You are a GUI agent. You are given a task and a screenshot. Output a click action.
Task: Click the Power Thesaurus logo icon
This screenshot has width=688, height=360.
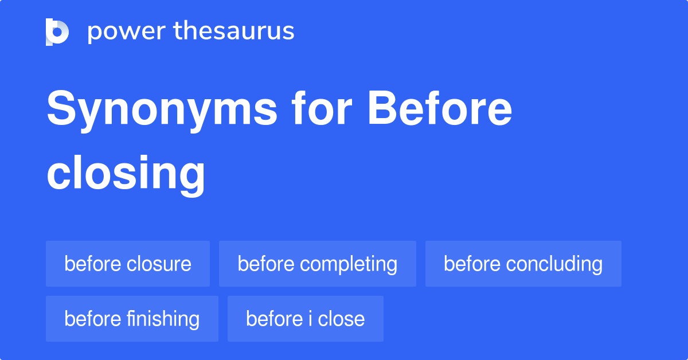tap(57, 32)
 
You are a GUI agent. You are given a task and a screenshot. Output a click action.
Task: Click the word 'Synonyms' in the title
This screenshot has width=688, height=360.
tap(162, 110)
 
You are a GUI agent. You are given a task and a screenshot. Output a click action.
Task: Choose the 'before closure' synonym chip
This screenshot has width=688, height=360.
tap(128, 264)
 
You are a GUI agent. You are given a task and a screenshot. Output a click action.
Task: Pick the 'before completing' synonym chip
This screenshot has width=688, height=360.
tap(317, 264)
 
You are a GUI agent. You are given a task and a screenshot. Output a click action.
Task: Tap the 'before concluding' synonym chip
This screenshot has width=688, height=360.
tap(523, 264)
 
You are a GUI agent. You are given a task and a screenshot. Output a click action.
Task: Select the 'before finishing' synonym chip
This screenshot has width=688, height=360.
tap(132, 319)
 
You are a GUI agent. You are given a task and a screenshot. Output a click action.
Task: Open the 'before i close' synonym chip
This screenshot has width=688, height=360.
tap(305, 319)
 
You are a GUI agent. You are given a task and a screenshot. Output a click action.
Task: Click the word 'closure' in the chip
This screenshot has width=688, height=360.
tap(159, 264)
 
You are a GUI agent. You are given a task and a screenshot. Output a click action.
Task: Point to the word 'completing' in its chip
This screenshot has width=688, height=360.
tap(349, 264)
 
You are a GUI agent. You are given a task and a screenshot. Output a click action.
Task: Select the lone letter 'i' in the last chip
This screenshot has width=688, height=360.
tap(310, 319)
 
